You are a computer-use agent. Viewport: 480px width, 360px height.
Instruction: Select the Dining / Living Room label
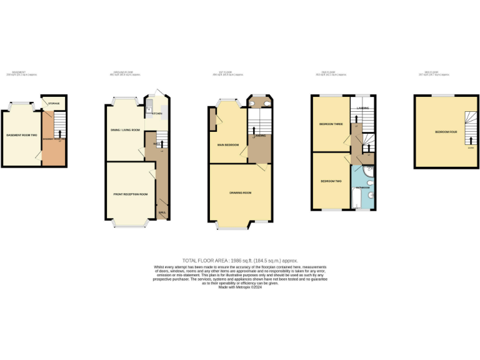coord(126,130)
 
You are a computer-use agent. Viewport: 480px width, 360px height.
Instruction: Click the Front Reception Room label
coord(131,194)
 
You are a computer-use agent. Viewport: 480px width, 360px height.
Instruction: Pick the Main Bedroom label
coord(228,144)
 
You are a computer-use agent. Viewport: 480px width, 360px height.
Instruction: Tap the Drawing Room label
coord(240,192)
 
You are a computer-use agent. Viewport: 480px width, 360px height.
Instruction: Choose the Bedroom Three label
coord(331,124)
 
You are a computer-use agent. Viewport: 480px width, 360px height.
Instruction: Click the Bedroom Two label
coord(330,181)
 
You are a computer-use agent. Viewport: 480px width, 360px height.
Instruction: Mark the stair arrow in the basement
coord(59,133)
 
